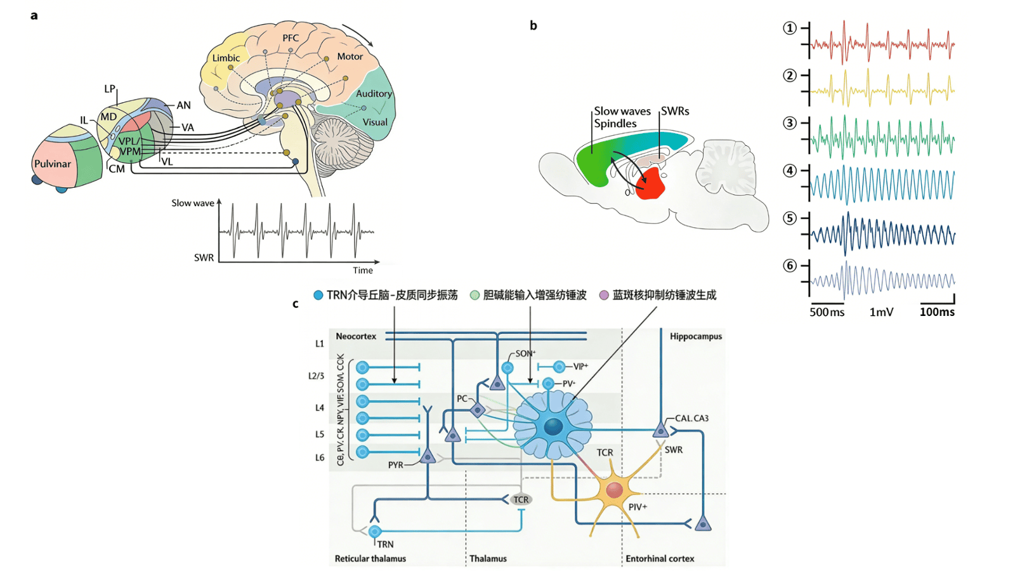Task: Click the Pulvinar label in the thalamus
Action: click(x=53, y=164)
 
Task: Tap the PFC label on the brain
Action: click(x=291, y=38)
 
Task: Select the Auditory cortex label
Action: click(x=374, y=94)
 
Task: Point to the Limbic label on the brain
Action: click(x=226, y=58)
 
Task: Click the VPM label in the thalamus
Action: click(x=130, y=152)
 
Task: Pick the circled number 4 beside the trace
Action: click(x=790, y=171)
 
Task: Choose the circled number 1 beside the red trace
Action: click(x=790, y=28)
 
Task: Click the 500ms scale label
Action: click(x=827, y=312)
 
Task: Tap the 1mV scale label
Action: click(x=881, y=312)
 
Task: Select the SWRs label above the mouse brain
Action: click(x=675, y=111)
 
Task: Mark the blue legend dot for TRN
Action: click(x=318, y=295)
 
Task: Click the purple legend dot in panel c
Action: click(x=604, y=295)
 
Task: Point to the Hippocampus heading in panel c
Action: click(x=695, y=336)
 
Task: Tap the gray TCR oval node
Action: click(x=521, y=499)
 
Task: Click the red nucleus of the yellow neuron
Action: click(x=614, y=490)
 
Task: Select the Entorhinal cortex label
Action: click(x=660, y=558)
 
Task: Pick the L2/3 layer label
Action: click(x=316, y=376)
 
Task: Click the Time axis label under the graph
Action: click(x=363, y=270)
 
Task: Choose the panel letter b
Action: click(x=534, y=25)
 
